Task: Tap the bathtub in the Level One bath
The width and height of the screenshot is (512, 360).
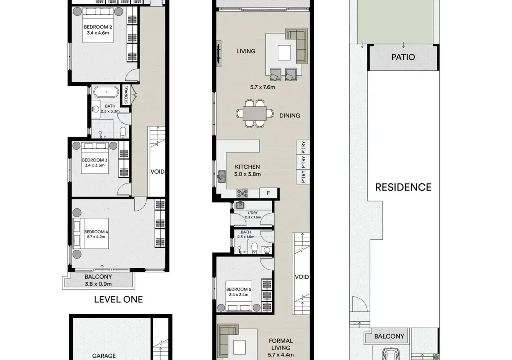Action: [106, 92]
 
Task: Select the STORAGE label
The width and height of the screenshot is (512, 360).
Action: [126, 95]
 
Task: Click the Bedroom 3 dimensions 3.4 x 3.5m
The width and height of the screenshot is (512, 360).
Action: [95, 165]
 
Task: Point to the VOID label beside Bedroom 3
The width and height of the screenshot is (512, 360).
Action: [157, 172]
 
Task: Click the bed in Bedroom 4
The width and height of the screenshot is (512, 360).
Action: [91, 234]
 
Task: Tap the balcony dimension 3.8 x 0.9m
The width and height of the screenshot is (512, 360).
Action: [98, 284]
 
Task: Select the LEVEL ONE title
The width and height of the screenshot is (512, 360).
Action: [118, 299]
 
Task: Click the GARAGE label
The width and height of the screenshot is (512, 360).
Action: [104, 356]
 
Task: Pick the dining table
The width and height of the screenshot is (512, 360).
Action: [255, 113]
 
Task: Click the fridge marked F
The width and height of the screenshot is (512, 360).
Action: [268, 193]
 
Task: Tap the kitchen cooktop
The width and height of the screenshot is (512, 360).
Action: [242, 193]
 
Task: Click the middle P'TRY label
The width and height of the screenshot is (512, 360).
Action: [303, 162]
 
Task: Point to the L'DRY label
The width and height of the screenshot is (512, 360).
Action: [253, 213]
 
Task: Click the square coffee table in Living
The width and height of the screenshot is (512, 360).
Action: [284, 53]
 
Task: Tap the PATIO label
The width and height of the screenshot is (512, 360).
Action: [403, 57]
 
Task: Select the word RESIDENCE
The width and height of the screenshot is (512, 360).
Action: [403, 187]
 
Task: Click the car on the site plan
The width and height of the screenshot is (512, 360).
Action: [391, 354]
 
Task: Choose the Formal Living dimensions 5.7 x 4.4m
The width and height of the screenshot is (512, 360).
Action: [281, 355]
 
